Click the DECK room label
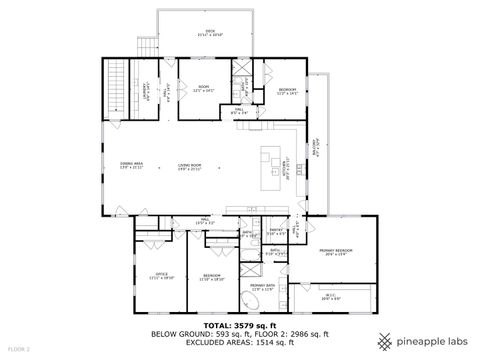pyautogui.click(x=211, y=33)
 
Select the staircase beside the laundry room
pyautogui.click(x=117, y=89)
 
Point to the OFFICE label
pyautogui.click(x=161, y=275)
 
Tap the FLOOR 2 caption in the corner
pyautogui.click(x=19, y=348)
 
